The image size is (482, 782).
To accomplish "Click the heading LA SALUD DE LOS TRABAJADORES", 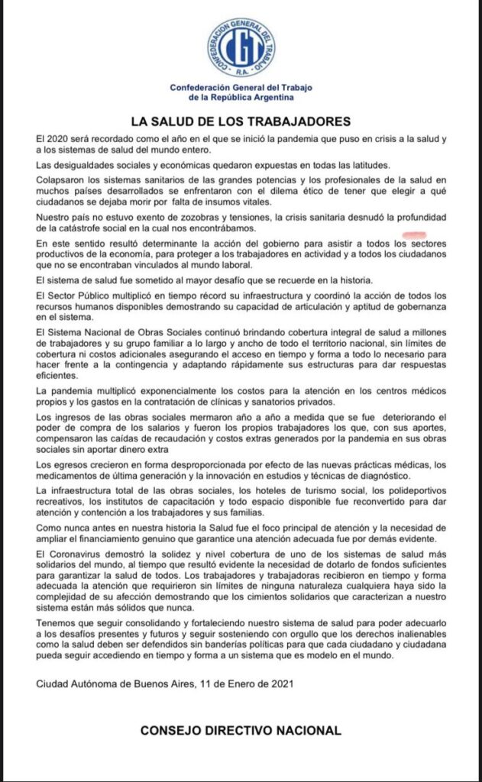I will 241,121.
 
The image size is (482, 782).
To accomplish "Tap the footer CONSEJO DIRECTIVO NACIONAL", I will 241,731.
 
